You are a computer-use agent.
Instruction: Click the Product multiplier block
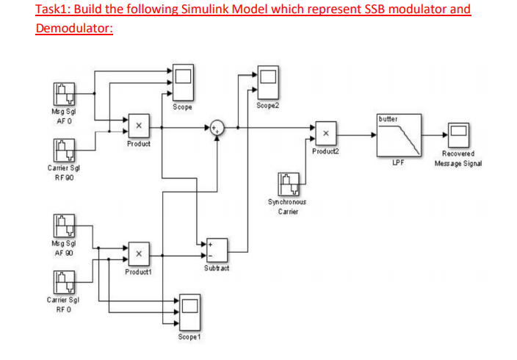click(x=138, y=126)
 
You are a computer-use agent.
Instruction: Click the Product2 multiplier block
click(x=327, y=134)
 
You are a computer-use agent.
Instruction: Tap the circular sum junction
click(x=217, y=127)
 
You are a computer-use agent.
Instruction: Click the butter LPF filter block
click(x=399, y=135)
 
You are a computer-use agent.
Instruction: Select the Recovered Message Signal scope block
click(x=459, y=134)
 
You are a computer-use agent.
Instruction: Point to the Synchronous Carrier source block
click(x=288, y=184)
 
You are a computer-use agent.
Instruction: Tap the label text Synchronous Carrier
click(x=287, y=206)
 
